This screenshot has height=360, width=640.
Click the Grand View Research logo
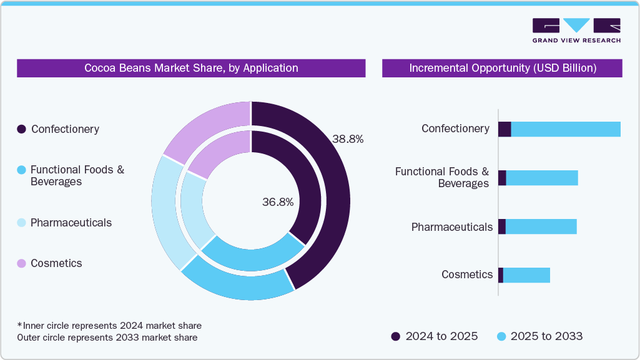click(x=576, y=31)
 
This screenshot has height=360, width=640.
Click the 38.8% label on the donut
click(x=348, y=139)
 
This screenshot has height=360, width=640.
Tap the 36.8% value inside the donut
click(x=278, y=202)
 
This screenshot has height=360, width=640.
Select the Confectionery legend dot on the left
click(x=21, y=129)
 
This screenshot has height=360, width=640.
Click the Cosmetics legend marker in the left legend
click(x=21, y=263)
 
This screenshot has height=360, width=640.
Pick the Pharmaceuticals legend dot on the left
click(x=21, y=223)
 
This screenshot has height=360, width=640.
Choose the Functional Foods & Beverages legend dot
click(x=21, y=170)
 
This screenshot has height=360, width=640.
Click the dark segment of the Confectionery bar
click(x=505, y=129)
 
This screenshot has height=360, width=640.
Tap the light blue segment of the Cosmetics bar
click(x=526, y=275)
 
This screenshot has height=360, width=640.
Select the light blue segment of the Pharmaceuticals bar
click(x=541, y=226)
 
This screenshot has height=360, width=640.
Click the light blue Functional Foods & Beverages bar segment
click(x=541, y=178)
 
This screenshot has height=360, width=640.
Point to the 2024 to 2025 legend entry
click(x=435, y=336)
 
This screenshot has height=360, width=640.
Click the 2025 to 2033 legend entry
click(x=539, y=336)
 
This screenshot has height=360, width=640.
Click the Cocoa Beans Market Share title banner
click(x=191, y=68)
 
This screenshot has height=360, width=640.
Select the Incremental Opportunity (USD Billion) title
click(x=502, y=68)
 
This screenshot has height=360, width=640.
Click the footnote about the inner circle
click(x=109, y=326)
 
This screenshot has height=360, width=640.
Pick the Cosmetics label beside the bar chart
click(x=467, y=275)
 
